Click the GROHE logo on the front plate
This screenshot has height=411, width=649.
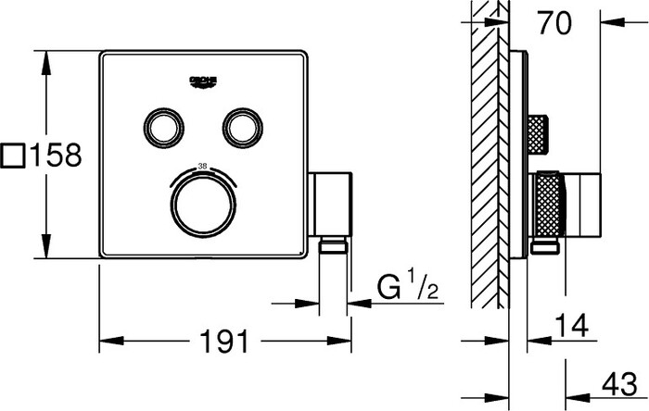pos(203,83)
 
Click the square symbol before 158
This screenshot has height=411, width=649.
pos(14,155)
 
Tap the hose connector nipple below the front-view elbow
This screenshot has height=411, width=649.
pos(333,244)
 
